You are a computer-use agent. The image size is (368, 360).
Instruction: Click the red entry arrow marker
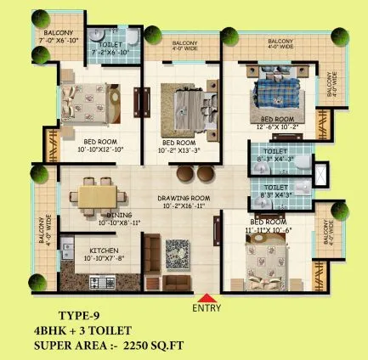(x=206, y=296)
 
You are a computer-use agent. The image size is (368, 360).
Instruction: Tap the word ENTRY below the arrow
(x=207, y=308)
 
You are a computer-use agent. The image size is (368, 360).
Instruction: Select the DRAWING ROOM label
(x=178, y=198)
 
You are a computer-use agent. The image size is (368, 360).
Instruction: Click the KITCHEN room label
(x=103, y=250)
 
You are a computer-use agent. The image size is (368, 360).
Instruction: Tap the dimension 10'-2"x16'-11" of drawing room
(x=178, y=205)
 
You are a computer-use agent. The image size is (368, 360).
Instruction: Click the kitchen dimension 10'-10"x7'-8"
(x=103, y=258)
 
